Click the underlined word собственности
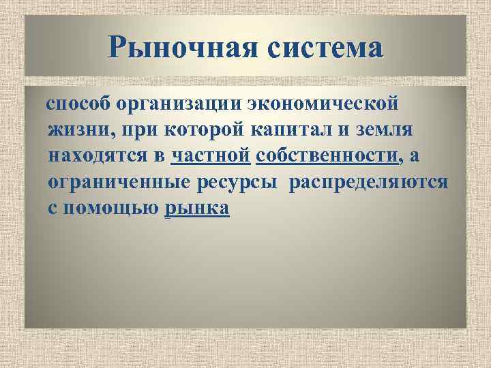pyautogui.click(x=327, y=156)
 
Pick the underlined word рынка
pyautogui.click(x=197, y=208)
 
